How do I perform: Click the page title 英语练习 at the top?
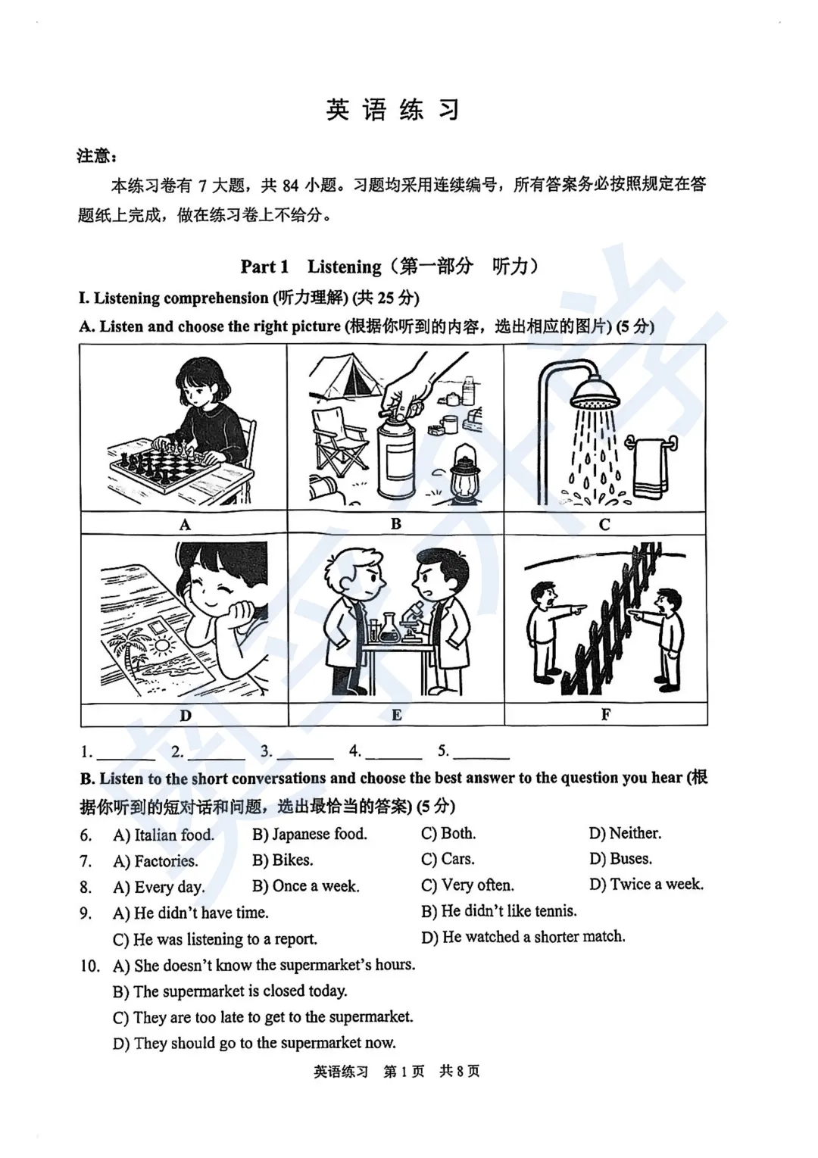click(x=392, y=111)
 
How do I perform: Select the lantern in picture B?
click(x=463, y=474)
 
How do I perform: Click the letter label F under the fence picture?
click(x=605, y=714)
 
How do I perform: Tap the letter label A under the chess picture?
click(x=184, y=524)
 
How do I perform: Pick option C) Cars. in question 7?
click(x=448, y=860)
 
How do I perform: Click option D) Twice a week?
click(x=646, y=885)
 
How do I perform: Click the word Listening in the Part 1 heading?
click(x=344, y=267)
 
